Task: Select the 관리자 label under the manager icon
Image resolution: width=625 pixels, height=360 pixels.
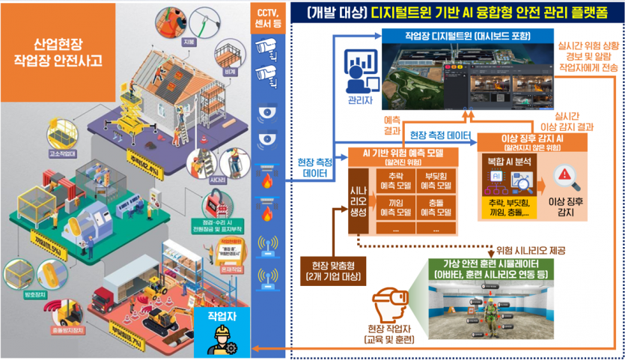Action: (x=359, y=97)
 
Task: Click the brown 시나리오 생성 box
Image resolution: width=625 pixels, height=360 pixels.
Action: (x=358, y=198)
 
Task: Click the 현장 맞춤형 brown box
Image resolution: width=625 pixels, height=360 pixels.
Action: (x=331, y=271)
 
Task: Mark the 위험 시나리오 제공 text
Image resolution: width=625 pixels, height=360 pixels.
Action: (x=529, y=249)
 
